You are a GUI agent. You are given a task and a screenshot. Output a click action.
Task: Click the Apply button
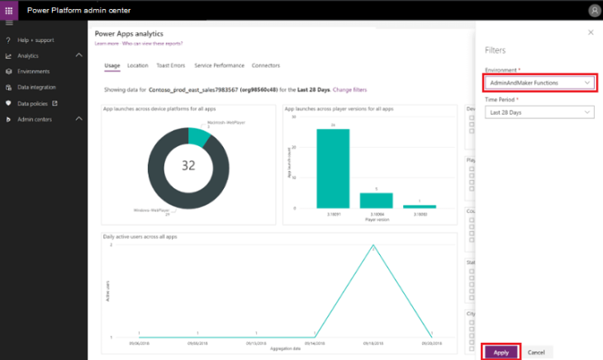501,352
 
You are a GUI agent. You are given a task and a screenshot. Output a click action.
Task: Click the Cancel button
535,352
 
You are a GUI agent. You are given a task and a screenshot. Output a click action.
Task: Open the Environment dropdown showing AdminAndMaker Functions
539,83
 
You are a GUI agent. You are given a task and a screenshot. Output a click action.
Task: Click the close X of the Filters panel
590,32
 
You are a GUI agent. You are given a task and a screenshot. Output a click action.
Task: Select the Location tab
138,65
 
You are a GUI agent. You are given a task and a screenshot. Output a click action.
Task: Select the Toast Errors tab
171,65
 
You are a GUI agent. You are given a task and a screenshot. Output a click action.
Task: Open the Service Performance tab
219,65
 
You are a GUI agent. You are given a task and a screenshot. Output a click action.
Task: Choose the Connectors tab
266,65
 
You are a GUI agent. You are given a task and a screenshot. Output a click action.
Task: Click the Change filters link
350,88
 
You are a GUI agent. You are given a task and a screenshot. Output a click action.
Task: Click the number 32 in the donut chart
188,165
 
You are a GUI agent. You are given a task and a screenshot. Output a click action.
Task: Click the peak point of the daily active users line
373,246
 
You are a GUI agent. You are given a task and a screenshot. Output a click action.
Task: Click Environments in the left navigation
33,72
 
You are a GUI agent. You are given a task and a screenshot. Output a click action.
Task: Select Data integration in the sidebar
36,87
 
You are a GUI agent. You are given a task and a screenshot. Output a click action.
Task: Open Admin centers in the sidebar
34,119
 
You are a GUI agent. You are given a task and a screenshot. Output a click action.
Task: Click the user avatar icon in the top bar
594,10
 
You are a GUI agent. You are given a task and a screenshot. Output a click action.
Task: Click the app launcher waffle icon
9,10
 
